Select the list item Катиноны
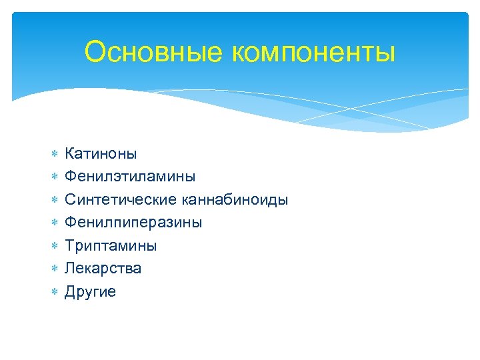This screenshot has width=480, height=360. [101, 154]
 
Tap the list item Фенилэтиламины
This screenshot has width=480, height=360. [130, 177]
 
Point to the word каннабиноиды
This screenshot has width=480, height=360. [234, 200]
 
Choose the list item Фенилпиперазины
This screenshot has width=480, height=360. [133, 223]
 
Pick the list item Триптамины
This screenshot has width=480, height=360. [111, 246]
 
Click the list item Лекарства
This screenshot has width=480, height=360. [103, 269]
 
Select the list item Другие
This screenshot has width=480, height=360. [90, 292]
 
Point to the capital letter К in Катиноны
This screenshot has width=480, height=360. [69, 154]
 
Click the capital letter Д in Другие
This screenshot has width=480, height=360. [70, 292]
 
